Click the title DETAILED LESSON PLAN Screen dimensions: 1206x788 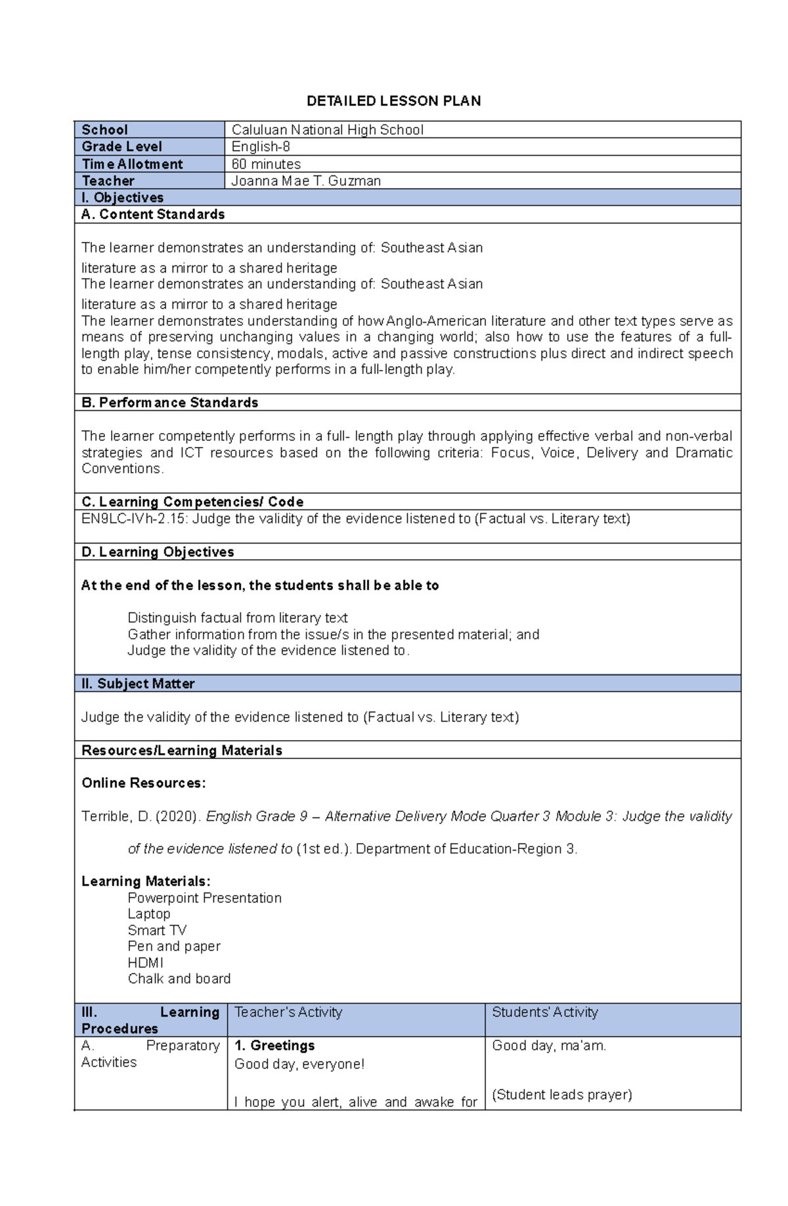(394, 101)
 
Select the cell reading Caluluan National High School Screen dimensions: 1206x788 (327, 130)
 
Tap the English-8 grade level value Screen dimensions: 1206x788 (261, 147)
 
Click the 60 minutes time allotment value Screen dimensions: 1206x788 (266, 164)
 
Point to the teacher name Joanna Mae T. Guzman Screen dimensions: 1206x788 (306, 181)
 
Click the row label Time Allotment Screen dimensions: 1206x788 (132, 164)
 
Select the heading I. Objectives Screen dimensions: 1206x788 (122, 198)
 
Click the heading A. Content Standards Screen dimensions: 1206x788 (152, 214)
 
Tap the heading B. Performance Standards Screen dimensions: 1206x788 (169, 402)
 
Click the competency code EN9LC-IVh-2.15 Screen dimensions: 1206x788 (133, 519)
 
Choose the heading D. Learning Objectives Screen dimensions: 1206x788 (158, 552)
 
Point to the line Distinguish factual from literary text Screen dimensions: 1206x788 (237, 618)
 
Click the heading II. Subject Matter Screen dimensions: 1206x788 (138, 684)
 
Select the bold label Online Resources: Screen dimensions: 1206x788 (143, 783)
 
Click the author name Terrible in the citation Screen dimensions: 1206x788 (106, 816)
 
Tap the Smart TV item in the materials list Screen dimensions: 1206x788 (157, 930)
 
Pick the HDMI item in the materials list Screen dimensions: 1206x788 (145, 962)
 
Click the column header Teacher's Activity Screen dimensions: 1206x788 (288, 1012)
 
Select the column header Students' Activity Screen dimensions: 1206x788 (545, 1012)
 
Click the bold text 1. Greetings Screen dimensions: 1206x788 (274, 1045)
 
